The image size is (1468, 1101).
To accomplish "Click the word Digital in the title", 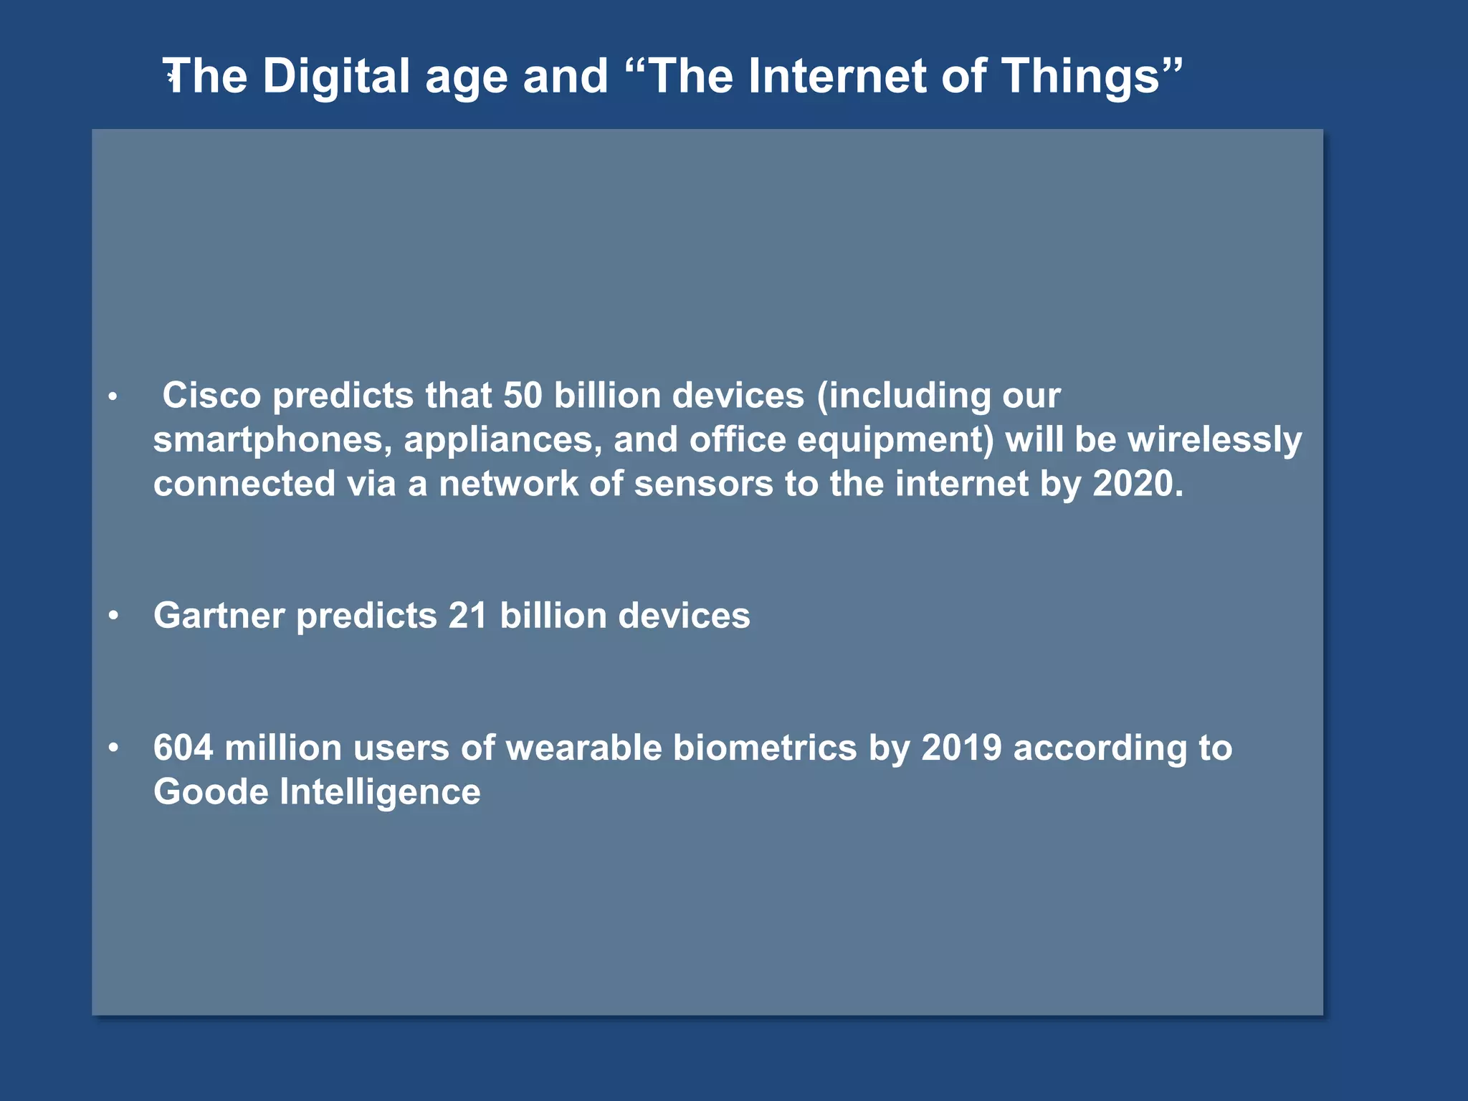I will pyautogui.click(x=336, y=77).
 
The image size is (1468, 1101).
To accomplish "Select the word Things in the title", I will pyautogui.click(x=1080, y=77).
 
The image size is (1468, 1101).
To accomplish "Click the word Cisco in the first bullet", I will pyautogui.click(x=211, y=395).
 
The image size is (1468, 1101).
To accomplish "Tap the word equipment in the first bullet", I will pyautogui.click(x=895, y=439).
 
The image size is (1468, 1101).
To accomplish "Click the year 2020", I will pyautogui.click(x=1138, y=484).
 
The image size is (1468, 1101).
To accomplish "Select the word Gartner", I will pyautogui.click(x=219, y=616).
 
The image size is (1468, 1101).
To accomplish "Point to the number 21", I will pyautogui.click(x=467, y=616).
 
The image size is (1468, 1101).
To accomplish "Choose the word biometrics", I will pyautogui.click(x=765, y=748).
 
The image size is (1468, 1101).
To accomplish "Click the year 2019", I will pyautogui.click(x=961, y=748).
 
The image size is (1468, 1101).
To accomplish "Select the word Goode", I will pyautogui.click(x=211, y=792).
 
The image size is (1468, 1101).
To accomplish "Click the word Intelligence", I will pyautogui.click(x=380, y=792).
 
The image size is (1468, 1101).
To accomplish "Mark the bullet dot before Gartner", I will pyautogui.click(x=113, y=616).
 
